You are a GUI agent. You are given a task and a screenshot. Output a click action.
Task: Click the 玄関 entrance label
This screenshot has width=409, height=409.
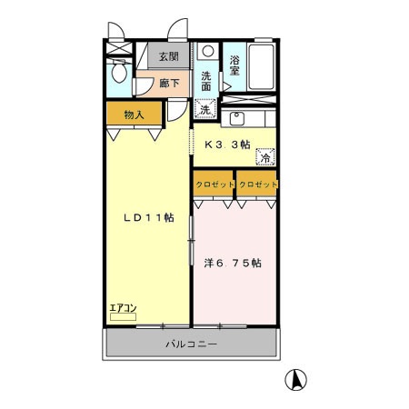pyautogui.click(x=169, y=56)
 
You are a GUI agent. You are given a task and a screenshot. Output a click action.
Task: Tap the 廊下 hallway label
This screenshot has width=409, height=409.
pyautogui.click(x=169, y=83)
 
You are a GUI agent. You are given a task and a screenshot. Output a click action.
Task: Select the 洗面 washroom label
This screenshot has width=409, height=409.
pyautogui.click(x=208, y=81)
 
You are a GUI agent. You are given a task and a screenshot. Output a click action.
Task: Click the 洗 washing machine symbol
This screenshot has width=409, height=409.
pyautogui.click(x=205, y=110)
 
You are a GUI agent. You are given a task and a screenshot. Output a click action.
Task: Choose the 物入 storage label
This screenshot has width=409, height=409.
pyautogui.click(x=135, y=115)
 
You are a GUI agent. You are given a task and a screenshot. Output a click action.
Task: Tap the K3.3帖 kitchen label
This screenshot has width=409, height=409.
pyautogui.click(x=227, y=144)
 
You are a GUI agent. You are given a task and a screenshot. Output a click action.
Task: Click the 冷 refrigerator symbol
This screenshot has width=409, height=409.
pyautogui.click(x=266, y=157)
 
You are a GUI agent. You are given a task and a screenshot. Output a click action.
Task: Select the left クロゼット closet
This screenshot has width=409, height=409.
pyautogui.click(x=214, y=184)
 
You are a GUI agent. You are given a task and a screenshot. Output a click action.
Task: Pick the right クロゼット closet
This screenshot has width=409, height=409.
pyautogui.click(x=258, y=184)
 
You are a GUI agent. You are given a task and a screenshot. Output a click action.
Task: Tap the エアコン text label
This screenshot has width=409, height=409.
pyautogui.click(x=123, y=307)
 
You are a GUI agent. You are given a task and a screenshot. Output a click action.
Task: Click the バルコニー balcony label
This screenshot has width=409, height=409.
pyautogui.click(x=192, y=344)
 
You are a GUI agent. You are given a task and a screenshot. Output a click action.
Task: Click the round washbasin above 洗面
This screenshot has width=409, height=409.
pyautogui.click(x=208, y=52)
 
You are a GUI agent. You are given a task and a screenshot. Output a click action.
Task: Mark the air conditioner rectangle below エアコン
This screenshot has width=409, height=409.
pyautogui.click(x=123, y=317)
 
